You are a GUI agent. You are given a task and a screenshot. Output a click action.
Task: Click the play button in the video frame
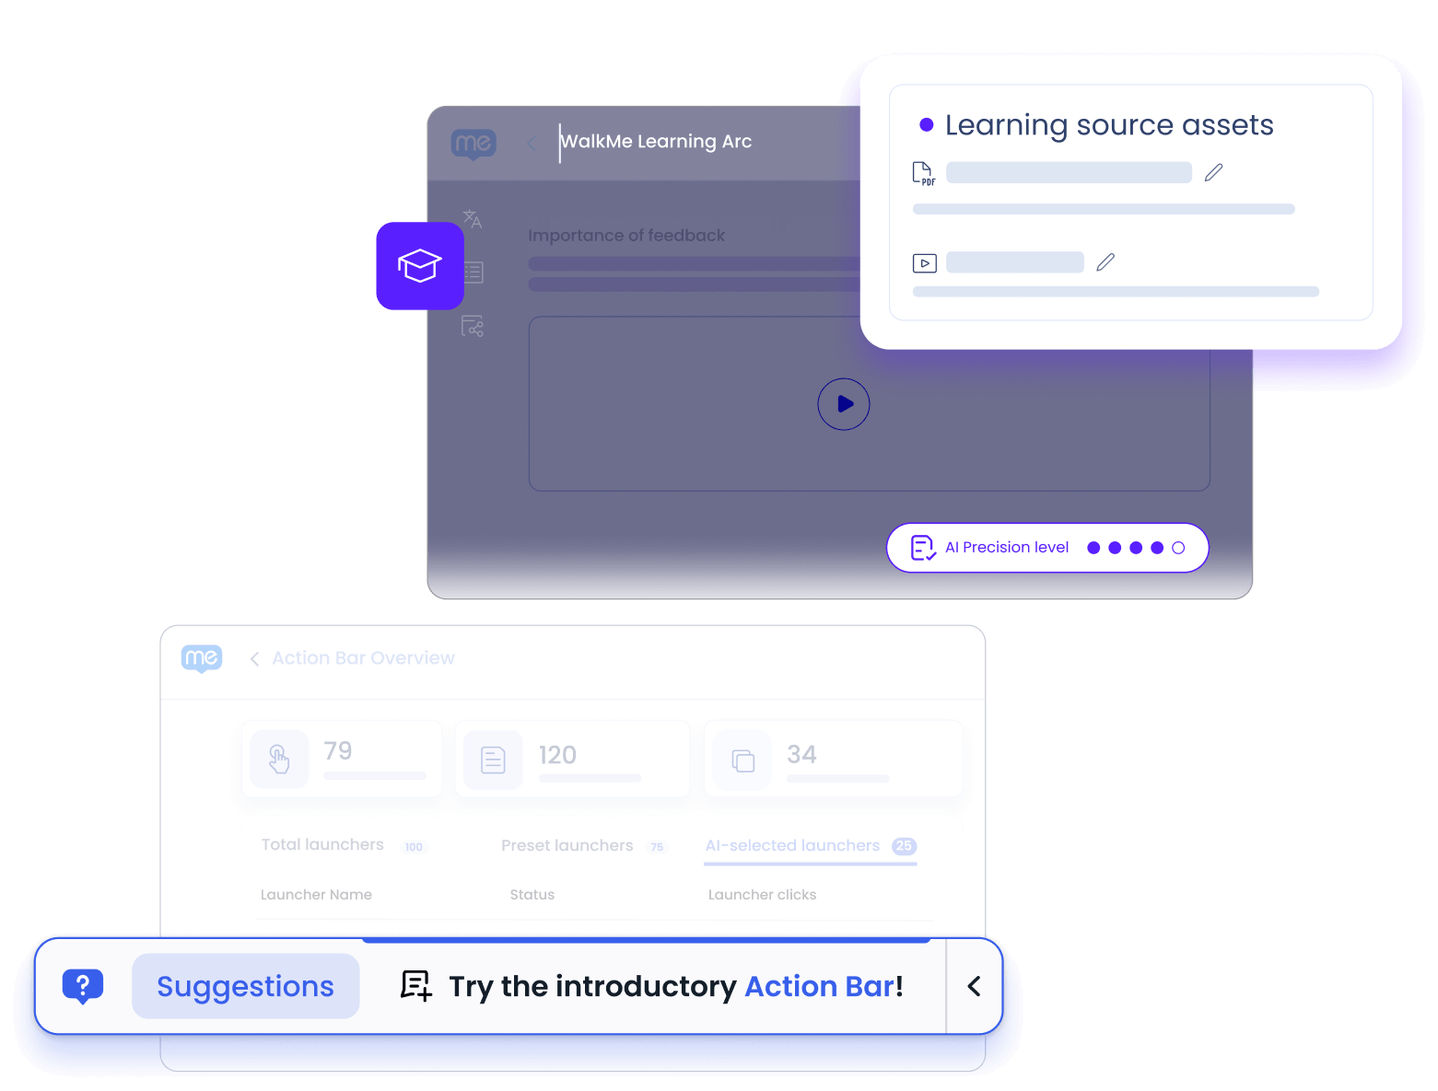[844, 404]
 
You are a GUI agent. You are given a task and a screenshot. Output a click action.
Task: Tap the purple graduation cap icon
[420, 266]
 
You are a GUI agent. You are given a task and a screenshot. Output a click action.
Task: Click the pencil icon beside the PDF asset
[1213, 172]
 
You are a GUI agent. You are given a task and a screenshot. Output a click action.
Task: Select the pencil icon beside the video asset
[1105, 262]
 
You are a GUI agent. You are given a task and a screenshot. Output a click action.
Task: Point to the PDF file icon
[923, 173]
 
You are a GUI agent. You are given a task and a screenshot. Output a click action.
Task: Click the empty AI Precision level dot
[1178, 548]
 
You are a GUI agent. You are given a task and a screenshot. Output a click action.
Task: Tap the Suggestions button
[245, 986]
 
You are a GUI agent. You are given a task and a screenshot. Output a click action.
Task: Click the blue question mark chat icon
[83, 986]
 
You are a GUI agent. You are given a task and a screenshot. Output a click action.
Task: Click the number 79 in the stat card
[338, 751]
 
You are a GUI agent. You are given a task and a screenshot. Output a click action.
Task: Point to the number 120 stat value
[557, 755]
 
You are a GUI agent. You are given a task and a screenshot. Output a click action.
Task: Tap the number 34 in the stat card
[801, 755]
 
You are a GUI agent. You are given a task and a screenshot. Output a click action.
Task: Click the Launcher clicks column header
[762, 895]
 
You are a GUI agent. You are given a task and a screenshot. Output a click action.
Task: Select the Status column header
[532, 895]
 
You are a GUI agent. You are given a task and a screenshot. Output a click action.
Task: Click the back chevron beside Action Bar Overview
[254, 658]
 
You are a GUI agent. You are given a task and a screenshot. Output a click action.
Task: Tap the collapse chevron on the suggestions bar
[974, 986]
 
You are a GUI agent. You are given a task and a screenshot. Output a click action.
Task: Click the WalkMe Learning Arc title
[656, 142]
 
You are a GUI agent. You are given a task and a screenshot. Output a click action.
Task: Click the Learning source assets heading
[1109, 125]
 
